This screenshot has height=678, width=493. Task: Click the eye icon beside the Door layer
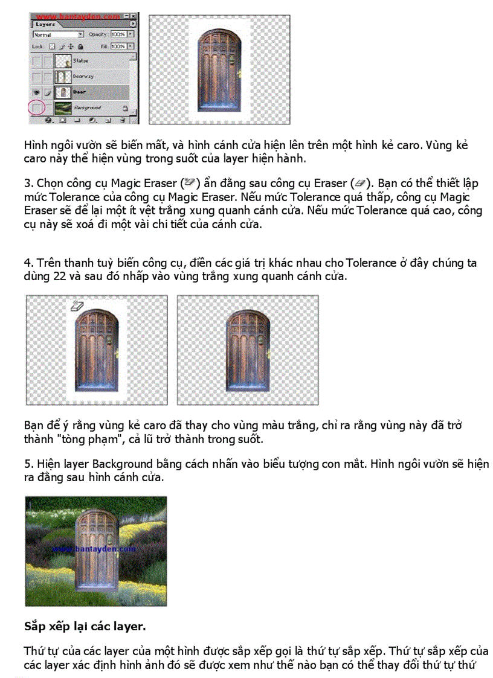click(37, 92)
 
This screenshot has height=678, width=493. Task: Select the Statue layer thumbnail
click(63, 61)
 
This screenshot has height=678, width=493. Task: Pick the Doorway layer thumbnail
click(63, 77)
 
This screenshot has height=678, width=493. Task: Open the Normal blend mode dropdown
click(57, 35)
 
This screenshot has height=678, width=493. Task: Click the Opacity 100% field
click(118, 35)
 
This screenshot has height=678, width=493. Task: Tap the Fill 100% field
click(118, 46)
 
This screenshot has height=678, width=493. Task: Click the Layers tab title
click(45, 25)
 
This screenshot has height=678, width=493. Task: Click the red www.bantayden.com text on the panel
click(76, 18)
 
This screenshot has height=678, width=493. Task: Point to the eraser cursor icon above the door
click(76, 305)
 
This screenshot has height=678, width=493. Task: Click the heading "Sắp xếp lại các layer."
click(85, 626)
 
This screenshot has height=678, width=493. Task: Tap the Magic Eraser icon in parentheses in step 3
click(190, 182)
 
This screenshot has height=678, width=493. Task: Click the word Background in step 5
click(121, 464)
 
